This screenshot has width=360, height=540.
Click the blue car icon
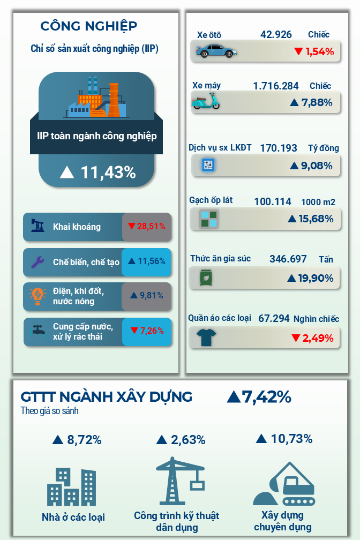pos(216,50)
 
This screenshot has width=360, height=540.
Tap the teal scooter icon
pos(206,101)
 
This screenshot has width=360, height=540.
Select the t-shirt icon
pos(206,337)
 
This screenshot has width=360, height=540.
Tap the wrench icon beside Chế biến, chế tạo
pos(37,262)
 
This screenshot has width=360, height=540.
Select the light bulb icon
pos(37,296)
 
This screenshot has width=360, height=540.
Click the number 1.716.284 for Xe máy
pos(275,86)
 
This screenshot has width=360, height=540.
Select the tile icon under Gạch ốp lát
pos(208,219)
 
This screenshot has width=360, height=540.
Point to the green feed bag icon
pos(206,278)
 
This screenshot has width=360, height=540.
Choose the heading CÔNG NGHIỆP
pos(89,26)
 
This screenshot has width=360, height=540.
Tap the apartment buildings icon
pos(72,486)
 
